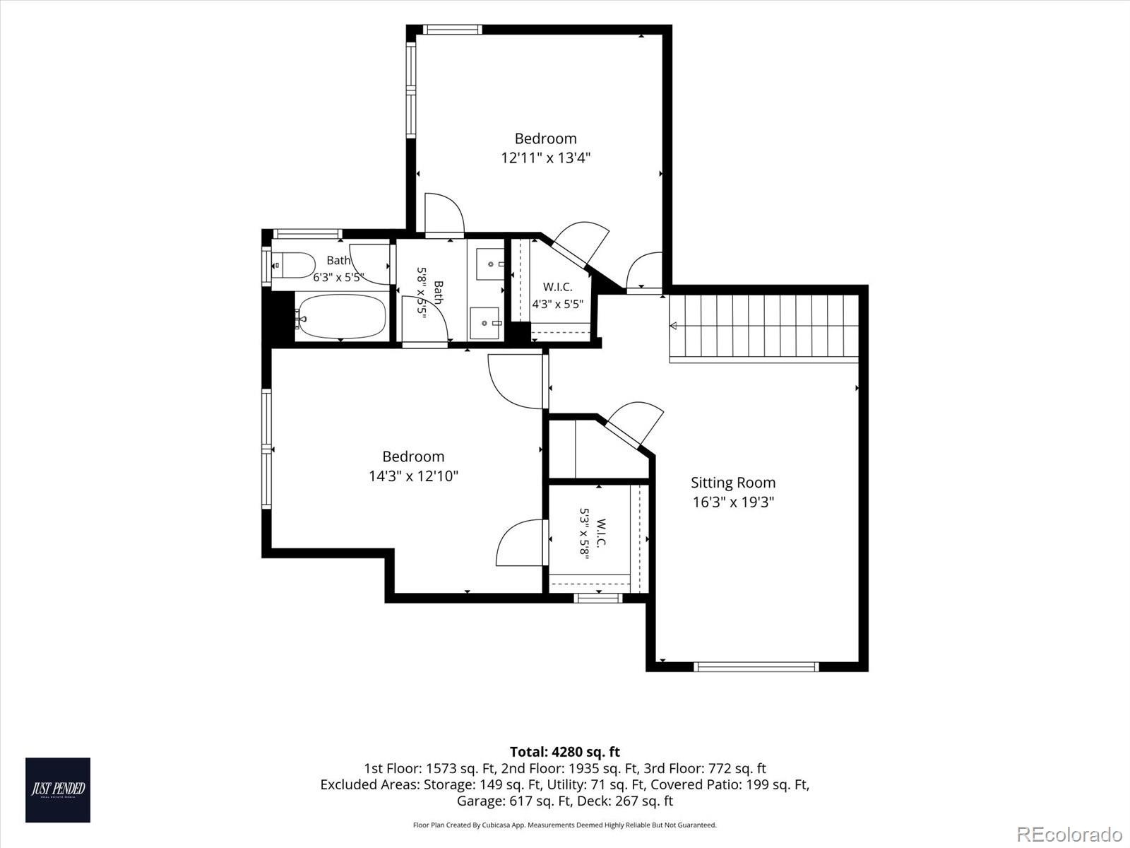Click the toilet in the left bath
292,265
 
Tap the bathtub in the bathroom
341,317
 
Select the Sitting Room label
733,483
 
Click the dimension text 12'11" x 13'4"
546,158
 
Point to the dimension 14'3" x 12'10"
413,476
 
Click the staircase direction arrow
673,325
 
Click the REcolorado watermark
1069,834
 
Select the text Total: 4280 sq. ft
565,752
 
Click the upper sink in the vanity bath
489,264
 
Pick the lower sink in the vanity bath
485,324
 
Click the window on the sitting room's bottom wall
756,667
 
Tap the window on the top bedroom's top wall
453,30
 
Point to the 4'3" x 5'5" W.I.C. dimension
557,305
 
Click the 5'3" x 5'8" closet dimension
584,534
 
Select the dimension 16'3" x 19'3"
733,502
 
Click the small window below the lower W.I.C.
597,598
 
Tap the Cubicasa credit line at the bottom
565,825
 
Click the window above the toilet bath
307,235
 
